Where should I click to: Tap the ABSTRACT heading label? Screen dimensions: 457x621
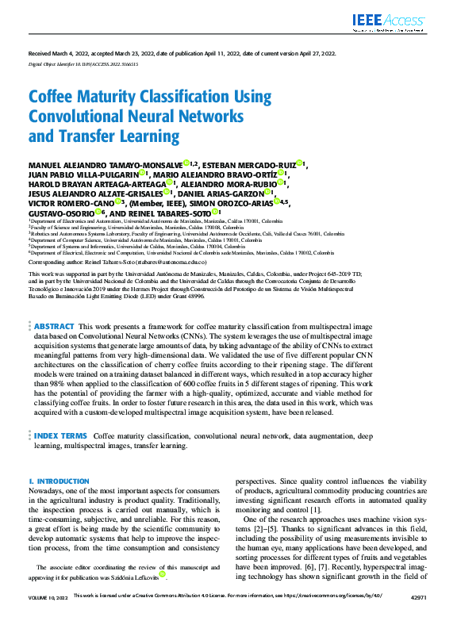click(55, 348)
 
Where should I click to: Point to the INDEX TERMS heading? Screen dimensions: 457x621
click(60, 436)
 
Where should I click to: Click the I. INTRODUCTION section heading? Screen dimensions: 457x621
click(59, 481)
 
